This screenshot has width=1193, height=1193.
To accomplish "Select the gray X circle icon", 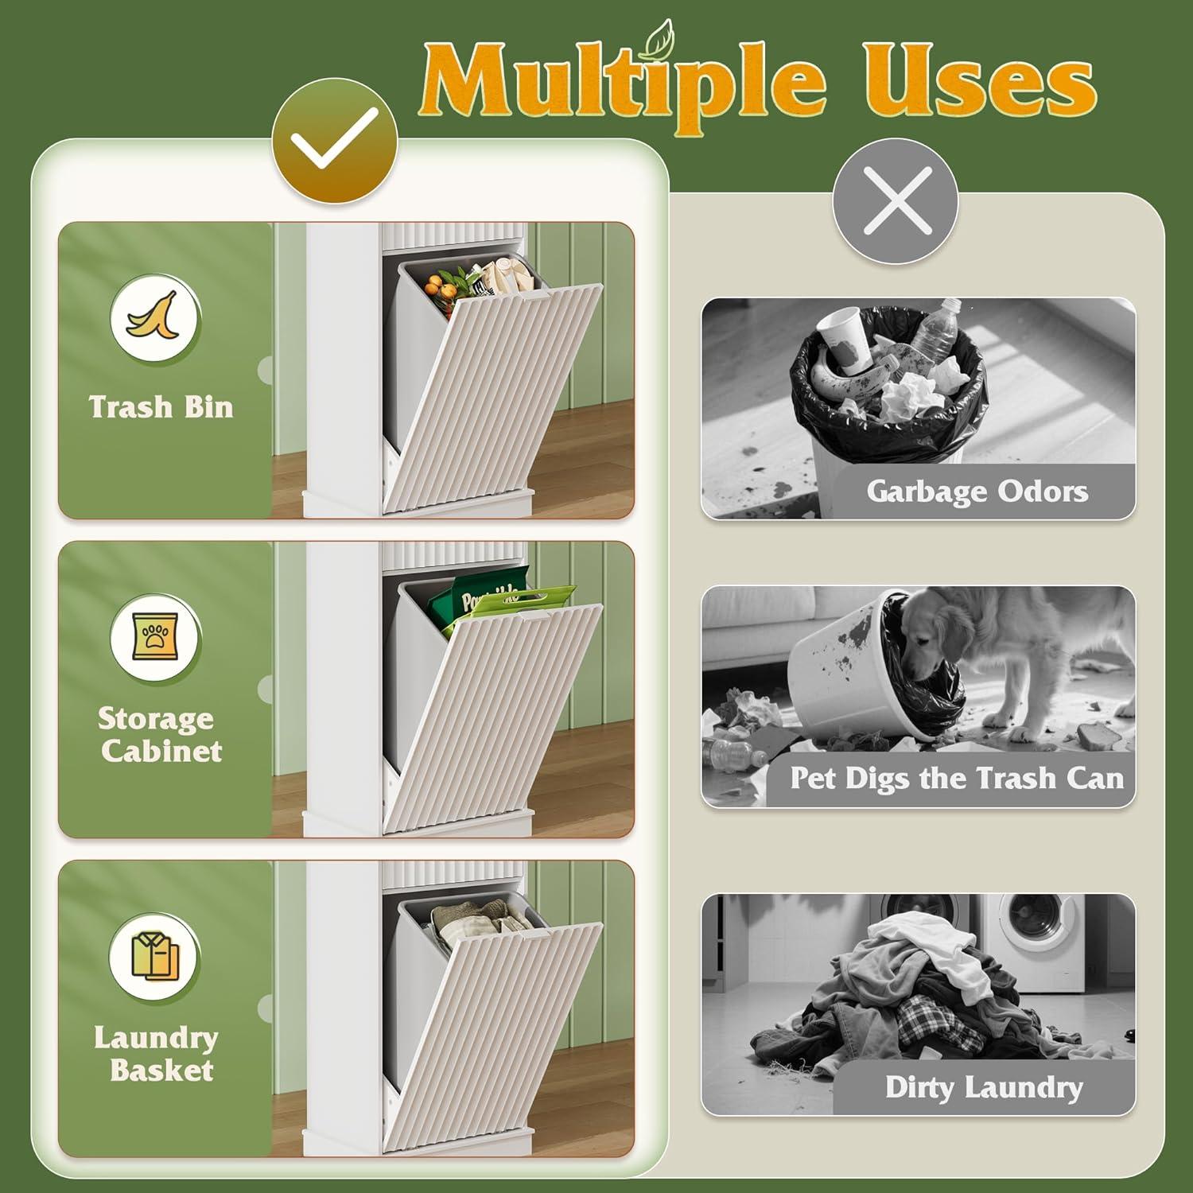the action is [x=895, y=200].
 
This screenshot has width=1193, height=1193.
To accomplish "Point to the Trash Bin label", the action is [x=161, y=407].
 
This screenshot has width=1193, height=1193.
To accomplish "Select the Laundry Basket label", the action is [x=157, y=1054].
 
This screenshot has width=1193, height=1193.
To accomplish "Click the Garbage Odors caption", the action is [x=977, y=491].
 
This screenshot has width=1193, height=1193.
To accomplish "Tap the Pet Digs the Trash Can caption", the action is [x=957, y=778].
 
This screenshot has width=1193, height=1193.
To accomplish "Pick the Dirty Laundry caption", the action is [x=985, y=1087].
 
